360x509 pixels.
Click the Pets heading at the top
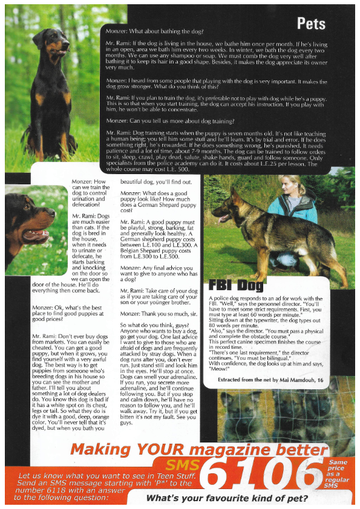[x=311, y=24]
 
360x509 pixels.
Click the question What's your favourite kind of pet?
[x=227, y=499]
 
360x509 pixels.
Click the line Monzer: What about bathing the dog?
[x=154, y=30]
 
